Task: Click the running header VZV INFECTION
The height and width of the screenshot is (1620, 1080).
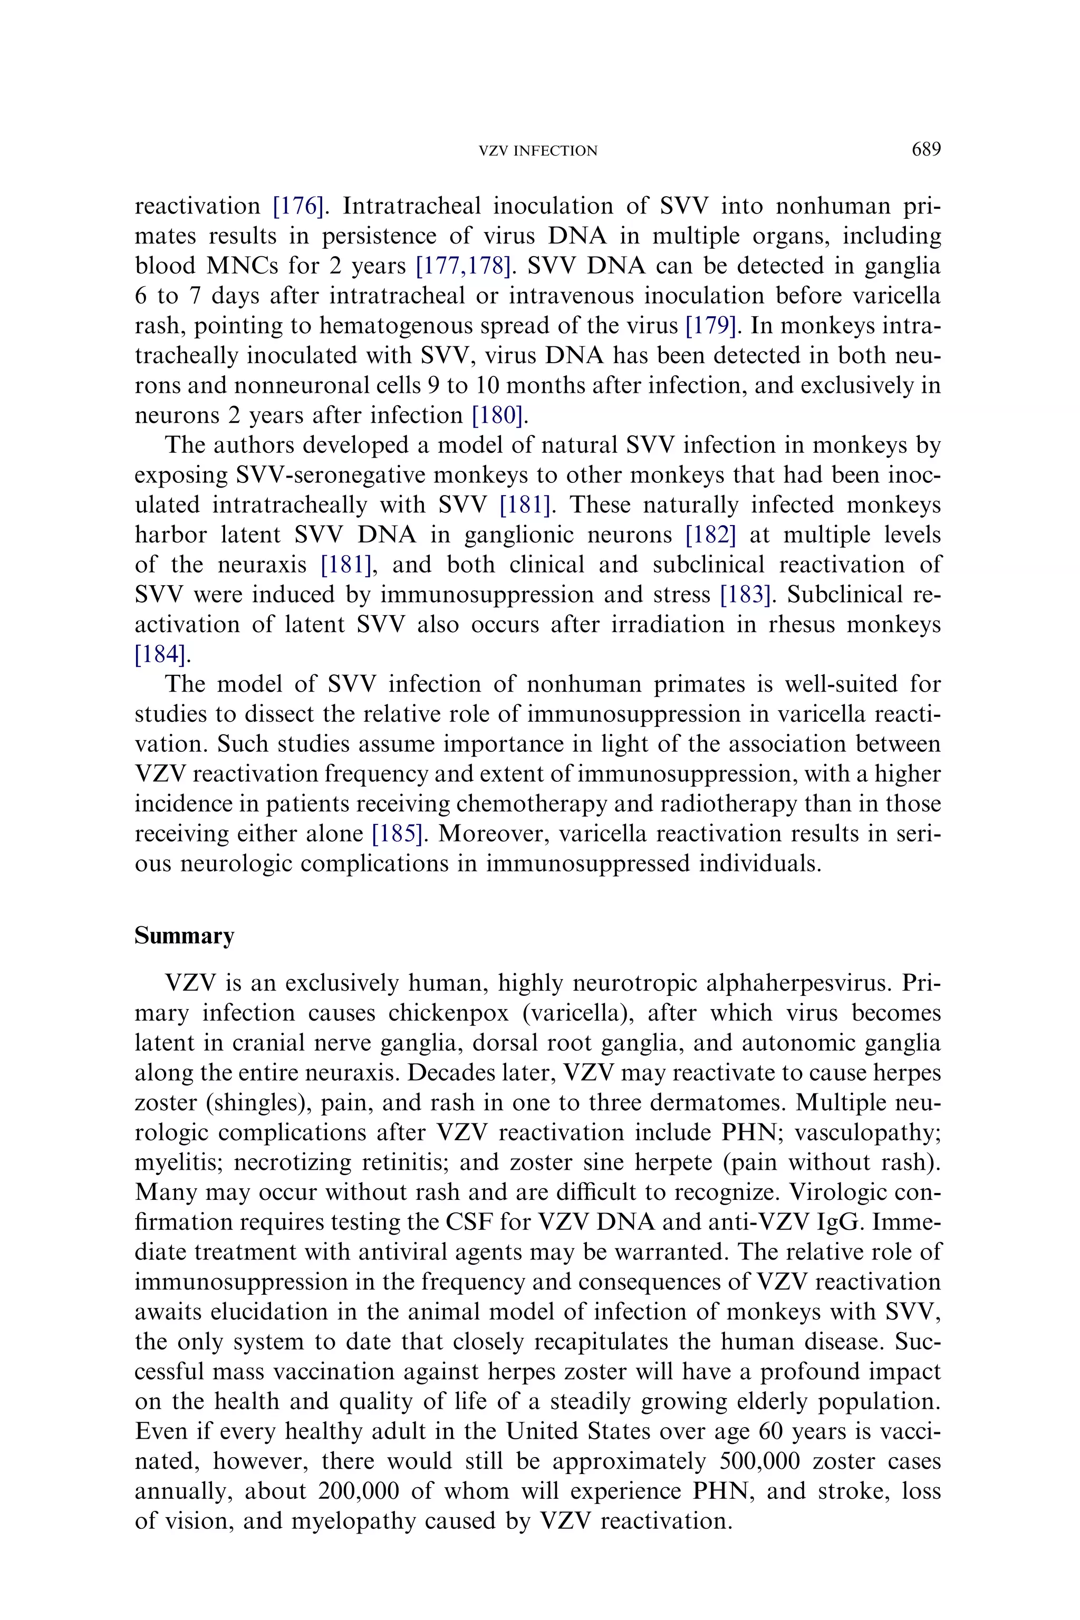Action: pos(538,151)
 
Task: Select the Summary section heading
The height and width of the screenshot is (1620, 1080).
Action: pos(184,936)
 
